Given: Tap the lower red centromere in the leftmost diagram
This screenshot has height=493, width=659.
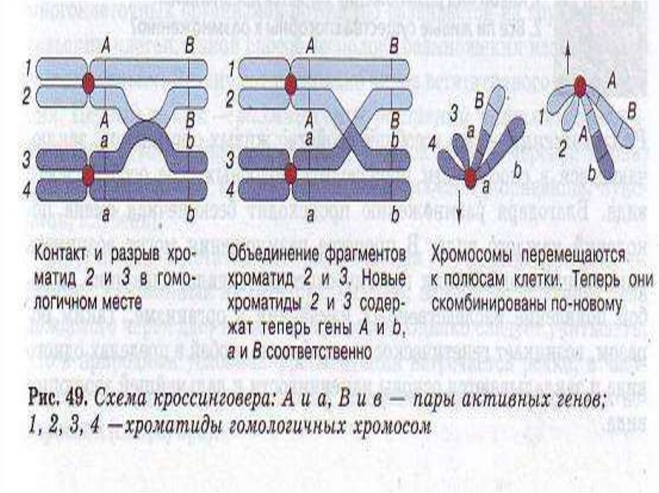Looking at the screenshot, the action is [88, 174].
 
